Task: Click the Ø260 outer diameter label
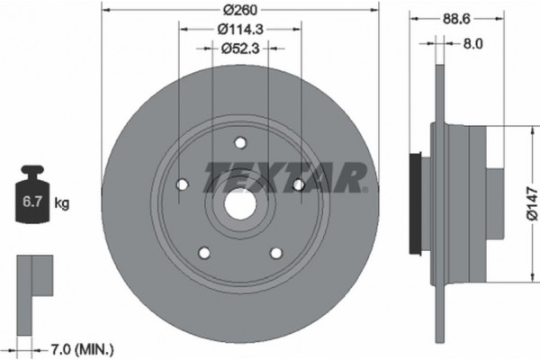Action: [x=239, y=11]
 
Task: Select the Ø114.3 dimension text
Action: [x=239, y=30]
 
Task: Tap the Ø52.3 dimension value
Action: [x=239, y=49]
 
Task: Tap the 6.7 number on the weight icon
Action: [x=30, y=202]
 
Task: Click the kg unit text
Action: [x=62, y=203]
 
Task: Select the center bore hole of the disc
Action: [x=238, y=204]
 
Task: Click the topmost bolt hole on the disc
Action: [x=240, y=142]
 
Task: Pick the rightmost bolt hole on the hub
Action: [x=298, y=184]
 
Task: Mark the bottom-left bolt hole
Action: [x=203, y=253]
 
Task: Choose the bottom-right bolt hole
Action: [x=275, y=253]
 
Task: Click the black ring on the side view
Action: [x=415, y=203]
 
